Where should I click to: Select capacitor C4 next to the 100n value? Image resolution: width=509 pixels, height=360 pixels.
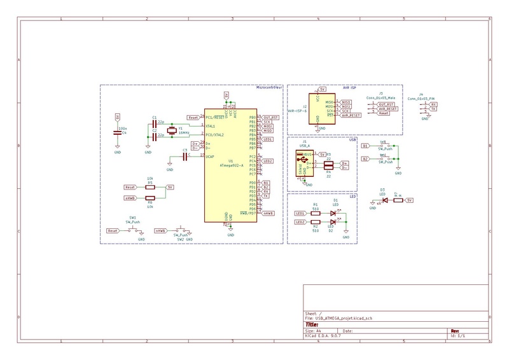click(118, 132)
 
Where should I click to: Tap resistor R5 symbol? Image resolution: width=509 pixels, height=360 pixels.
click(150, 188)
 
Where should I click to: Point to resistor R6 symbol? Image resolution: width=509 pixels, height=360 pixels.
click(150, 198)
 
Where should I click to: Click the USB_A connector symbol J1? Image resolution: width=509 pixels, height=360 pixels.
click(304, 162)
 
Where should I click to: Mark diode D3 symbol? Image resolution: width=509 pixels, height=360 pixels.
click(384, 200)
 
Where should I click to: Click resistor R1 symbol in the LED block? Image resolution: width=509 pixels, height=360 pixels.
click(316, 213)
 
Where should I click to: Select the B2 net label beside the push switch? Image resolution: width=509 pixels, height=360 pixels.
click(365, 158)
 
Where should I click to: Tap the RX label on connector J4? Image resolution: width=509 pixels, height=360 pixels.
click(433, 104)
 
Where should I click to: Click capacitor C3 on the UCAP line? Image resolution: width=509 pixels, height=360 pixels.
click(186, 156)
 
